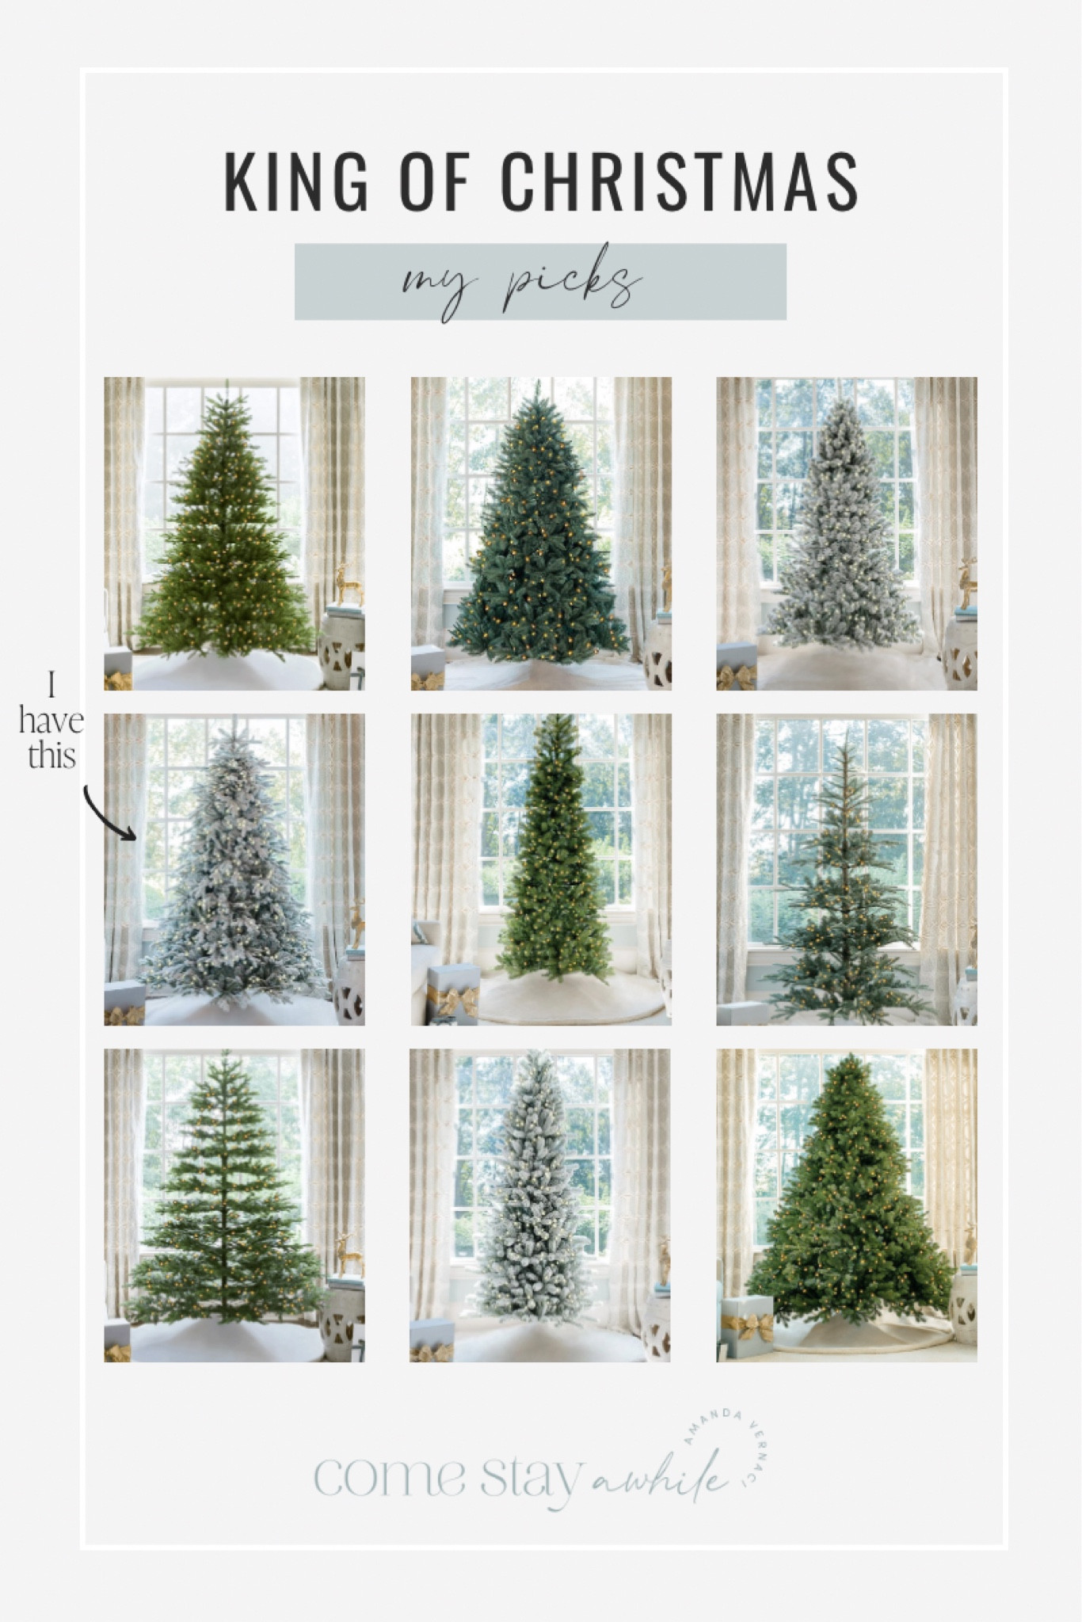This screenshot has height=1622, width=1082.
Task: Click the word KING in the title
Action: coord(297,181)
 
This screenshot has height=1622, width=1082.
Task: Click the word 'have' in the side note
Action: coord(51,722)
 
